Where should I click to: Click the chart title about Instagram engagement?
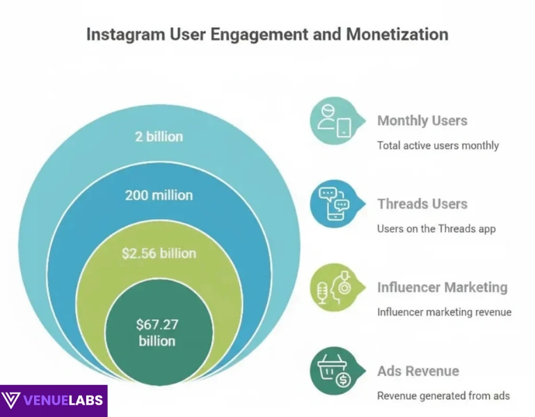pyautogui.click(x=267, y=35)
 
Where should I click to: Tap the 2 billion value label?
pyautogui.click(x=159, y=136)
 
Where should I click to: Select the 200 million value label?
pyautogui.click(x=159, y=195)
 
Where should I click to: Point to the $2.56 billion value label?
pyautogui.click(x=159, y=254)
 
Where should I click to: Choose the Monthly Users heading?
pyautogui.click(x=422, y=120)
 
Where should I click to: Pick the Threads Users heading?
pyautogui.click(x=422, y=204)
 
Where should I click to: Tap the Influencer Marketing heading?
pyautogui.click(x=442, y=287)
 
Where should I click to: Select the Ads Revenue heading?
pyautogui.click(x=418, y=370)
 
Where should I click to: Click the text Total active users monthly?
pyautogui.click(x=438, y=146)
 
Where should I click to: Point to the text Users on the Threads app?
pyautogui.click(x=436, y=229)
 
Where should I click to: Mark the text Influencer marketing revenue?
pyautogui.click(x=445, y=312)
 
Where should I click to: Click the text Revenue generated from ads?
pyautogui.click(x=443, y=395)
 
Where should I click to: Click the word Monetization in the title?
pyautogui.click(x=401, y=35)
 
